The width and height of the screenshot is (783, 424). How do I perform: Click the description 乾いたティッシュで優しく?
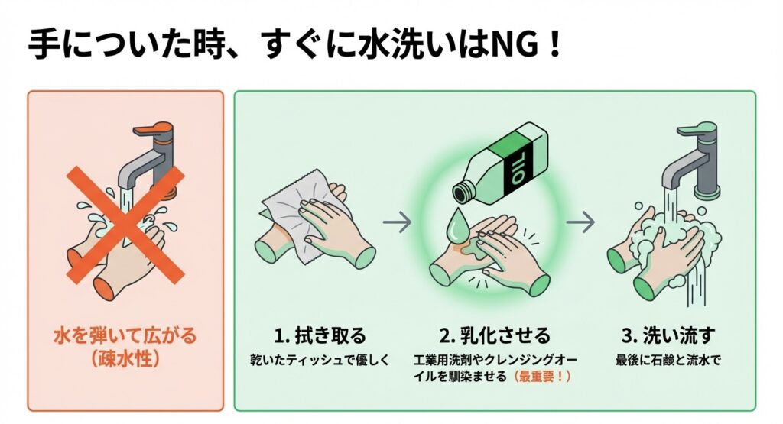point(320,358)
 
